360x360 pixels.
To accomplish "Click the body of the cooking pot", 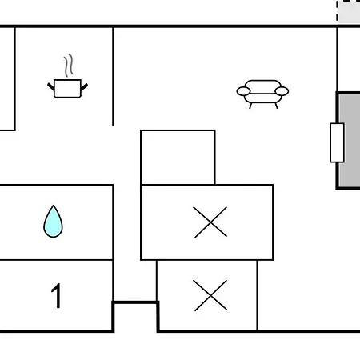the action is coord(67,89).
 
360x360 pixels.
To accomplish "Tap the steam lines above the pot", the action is coord(69,66).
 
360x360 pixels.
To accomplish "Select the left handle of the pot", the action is coord(50,86).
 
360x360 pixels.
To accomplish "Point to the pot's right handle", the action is coord(84,87).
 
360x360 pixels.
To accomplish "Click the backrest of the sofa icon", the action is coord(262,84).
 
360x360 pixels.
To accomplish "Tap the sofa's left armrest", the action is coord(243,91).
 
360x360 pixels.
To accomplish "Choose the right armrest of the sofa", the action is coord(282,91).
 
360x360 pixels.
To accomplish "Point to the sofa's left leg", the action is coord(250,106).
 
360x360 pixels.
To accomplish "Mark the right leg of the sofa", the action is coord(276,106).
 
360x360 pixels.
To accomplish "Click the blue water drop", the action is coord(53,222).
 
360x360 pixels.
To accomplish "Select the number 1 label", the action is coord(56,295).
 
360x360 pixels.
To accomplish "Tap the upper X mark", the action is coord(210,222).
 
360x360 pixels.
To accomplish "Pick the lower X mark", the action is coord(210,295).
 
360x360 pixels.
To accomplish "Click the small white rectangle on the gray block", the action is coord(337,142).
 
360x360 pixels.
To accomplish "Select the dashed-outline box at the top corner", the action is coord(349,12).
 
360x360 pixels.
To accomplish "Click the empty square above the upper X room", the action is coord(178,158).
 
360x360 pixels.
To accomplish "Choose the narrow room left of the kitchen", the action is coord(7,78).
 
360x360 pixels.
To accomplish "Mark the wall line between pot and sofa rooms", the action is coord(113,76).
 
